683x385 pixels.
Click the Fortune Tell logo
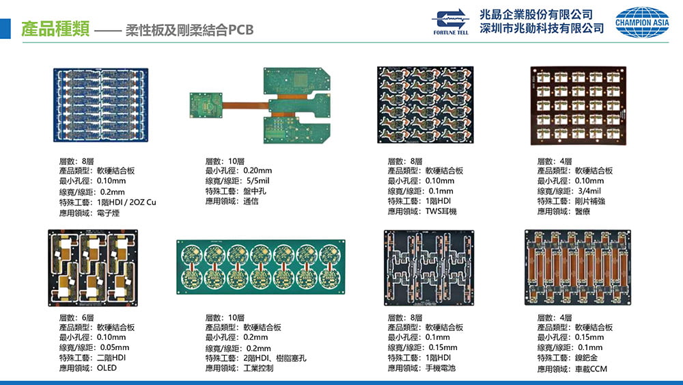click(451, 21)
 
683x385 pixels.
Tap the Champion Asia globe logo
click(642, 22)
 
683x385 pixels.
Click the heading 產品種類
click(55, 29)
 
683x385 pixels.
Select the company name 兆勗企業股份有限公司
click(535, 14)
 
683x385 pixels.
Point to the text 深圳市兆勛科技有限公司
click(542, 29)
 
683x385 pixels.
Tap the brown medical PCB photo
click(579, 106)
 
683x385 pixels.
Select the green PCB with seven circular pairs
click(260, 267)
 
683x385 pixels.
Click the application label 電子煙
click(109, 213)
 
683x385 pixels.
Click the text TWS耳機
click(441, 211)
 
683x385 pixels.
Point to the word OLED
click(107, 368)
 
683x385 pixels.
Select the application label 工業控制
click(258, 368)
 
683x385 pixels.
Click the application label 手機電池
click(441, 368)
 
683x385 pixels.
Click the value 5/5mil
click(262, 181)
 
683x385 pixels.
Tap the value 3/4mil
click(589, 191)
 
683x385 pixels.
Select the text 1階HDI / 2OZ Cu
click(127, 202)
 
